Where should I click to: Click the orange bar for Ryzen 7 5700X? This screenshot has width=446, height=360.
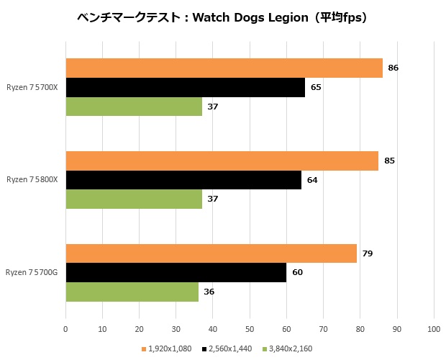(x=224, y=68)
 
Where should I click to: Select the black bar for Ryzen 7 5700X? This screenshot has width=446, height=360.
(x=185, y=87)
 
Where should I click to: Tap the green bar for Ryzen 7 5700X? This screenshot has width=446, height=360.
(x=134, y=107)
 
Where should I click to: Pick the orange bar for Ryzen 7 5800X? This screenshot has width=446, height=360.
(x=222, y=161)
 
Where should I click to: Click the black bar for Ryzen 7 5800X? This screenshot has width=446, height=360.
(x=183, y=180)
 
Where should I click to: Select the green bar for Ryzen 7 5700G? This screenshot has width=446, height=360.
(x=132, y=292)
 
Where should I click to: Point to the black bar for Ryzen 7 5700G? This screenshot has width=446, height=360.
(x=176, y=272)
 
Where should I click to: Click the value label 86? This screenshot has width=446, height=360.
(x=393, y=68)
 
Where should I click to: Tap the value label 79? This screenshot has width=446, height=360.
(x=367, y=253)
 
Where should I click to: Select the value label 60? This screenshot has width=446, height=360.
(x=297, y=272)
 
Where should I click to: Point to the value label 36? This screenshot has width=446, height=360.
(x=209, y=292)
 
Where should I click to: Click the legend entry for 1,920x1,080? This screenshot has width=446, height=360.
(x=168, y=348)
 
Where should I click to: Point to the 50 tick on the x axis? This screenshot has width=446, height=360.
(x=250, y=329)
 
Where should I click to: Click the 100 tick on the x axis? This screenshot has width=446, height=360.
(x=433, y=329)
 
